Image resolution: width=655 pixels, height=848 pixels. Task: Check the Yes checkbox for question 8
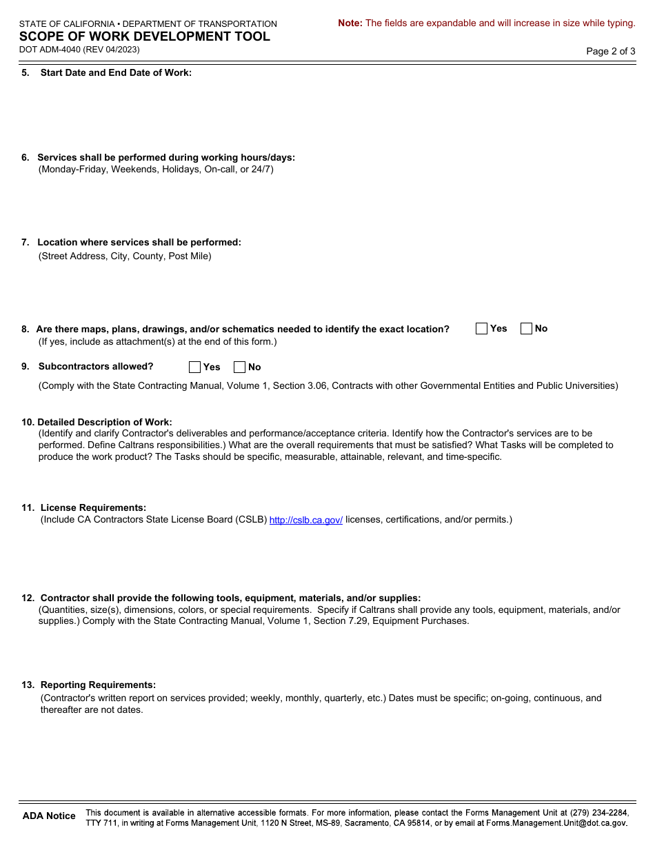481,329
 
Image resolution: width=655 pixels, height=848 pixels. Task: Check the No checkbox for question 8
526,329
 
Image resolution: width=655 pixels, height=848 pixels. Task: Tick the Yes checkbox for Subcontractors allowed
195,367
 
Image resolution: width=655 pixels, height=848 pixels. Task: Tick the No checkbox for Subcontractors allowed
240,367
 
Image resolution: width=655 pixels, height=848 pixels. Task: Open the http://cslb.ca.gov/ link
305,520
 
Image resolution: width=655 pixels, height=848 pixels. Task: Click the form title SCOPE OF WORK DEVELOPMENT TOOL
145,37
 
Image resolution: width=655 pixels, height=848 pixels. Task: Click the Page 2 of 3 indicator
610,51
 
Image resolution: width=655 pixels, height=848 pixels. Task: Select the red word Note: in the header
350,23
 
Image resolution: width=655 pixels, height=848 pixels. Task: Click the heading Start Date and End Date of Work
116,72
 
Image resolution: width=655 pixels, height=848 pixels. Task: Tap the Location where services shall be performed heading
139,242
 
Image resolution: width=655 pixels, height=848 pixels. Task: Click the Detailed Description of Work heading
105,422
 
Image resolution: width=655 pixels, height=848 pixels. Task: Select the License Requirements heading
93,507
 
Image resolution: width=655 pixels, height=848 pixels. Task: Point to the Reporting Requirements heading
98,685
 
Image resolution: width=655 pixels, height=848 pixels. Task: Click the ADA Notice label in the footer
49,816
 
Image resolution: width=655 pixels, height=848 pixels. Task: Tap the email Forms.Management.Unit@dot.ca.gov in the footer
556,823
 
